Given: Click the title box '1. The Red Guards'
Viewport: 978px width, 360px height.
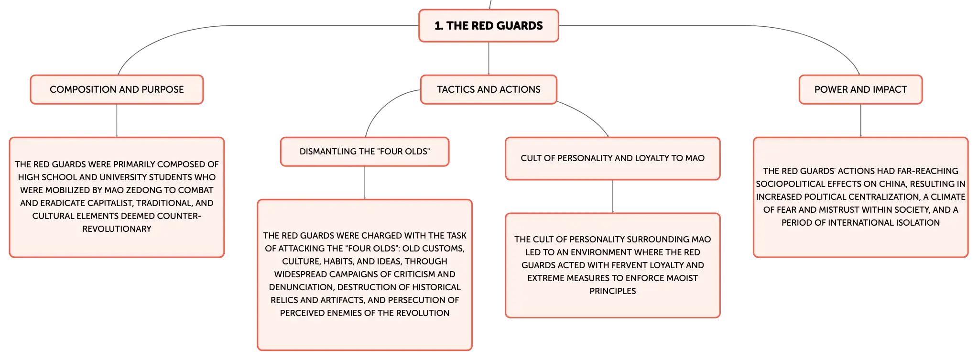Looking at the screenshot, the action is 489,26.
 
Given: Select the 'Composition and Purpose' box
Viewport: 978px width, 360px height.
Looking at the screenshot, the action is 117,89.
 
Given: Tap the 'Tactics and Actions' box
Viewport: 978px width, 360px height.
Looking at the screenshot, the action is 489,89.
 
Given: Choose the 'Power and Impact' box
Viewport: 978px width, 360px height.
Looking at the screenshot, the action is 860,89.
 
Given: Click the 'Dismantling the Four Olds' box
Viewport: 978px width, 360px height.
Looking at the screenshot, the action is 365,152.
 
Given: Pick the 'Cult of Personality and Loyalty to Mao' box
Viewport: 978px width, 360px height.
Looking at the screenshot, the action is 612,158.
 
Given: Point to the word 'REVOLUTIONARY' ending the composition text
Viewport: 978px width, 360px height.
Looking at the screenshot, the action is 117,229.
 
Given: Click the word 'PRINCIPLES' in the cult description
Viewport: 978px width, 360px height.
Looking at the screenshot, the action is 612,291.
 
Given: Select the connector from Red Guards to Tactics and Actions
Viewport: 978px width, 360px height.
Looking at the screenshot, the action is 489,58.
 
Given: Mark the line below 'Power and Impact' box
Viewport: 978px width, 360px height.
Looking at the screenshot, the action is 860,120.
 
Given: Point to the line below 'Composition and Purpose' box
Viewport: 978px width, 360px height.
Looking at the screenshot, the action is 117,120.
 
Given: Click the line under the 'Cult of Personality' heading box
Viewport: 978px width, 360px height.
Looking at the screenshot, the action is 612,196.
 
